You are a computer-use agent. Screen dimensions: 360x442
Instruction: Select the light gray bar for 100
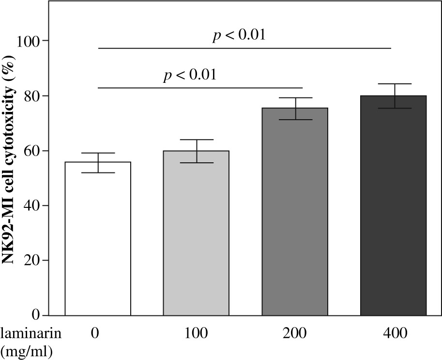[x=196, y=233]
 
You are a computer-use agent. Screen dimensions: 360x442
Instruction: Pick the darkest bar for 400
[x=394, y=205]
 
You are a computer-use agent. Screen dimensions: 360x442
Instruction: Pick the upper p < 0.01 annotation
[x=239, y=36]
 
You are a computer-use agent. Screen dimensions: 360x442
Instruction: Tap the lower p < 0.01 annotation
[x=189, y=76]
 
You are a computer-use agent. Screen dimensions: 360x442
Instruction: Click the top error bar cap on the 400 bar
[x=394, y=84]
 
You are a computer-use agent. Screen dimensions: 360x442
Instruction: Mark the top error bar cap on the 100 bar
[x=196, y=140]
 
